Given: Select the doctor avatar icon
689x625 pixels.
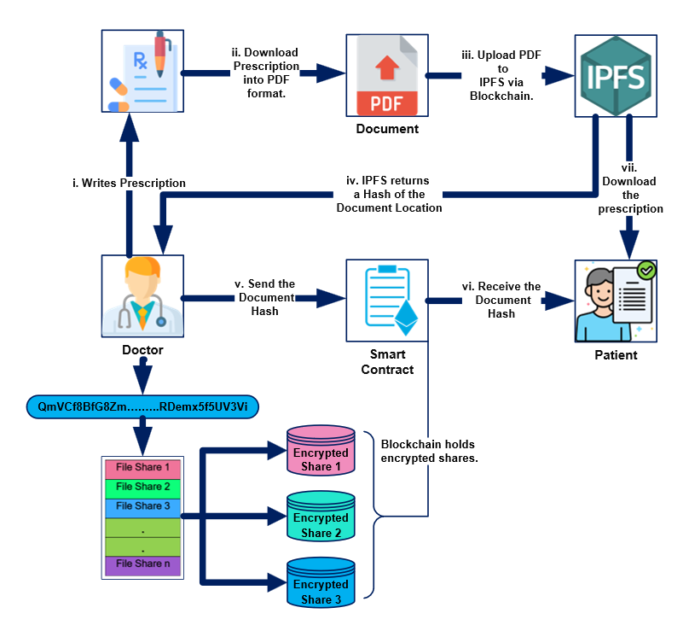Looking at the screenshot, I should tap(143, 295).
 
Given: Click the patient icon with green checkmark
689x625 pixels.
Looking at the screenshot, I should tap(616, 301).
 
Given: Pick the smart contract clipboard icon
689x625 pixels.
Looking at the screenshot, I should tap(386, 300).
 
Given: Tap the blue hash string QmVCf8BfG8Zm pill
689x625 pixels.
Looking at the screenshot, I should tap(142, 407).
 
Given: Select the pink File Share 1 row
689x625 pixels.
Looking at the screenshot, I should tap(142, 468).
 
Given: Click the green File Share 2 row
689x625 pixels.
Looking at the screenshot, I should tap(142, 487).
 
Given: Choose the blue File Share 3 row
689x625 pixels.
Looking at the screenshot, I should tap(142, 506).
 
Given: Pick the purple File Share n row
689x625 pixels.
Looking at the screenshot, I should tap(142, 564).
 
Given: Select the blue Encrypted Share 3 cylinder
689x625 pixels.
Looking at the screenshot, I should tap(321, 582).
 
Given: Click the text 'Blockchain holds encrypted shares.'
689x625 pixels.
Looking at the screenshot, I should tap(429, 451).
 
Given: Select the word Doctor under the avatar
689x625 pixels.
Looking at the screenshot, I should tap(142, 350).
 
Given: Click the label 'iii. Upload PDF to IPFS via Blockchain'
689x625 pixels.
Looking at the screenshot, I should tap(501, 75).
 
